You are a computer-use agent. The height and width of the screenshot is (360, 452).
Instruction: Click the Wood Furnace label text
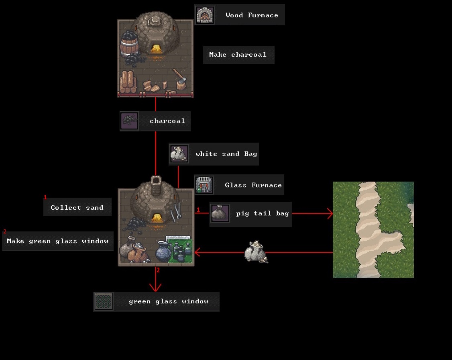[x=252, y=15]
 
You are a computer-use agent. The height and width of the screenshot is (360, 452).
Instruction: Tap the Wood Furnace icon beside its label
[x=205, y=15]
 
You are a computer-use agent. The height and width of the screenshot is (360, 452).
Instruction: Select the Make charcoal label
[x=238, y=55]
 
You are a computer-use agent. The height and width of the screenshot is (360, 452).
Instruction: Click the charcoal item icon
[x=129, y=121]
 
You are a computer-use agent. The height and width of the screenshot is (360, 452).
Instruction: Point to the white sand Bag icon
[x=179, y=153]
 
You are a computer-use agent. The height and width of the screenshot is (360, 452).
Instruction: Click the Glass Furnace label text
[x=253, y=185]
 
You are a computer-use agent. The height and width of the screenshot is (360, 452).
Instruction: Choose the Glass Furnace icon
[x=204, y=184]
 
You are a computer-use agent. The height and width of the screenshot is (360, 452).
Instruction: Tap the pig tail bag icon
[x=220, y=213]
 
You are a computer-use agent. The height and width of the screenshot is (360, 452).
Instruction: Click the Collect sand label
[x=77, y=207]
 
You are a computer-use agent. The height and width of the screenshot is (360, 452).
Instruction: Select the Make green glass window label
[x=58, y=241]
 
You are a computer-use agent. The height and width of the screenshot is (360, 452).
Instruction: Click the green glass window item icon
[x=104, y=301]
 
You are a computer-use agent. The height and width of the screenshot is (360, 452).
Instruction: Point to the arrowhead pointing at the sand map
[x=330, y=213]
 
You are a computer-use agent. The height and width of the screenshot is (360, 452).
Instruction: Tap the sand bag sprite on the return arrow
[x=256, y=252]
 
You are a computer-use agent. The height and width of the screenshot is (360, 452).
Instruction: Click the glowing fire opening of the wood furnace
[x=156, y=49]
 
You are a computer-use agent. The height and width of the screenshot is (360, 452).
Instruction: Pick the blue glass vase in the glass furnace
[x=163, y=251]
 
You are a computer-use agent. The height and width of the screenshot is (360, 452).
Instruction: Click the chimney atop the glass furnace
[x=156, y=185]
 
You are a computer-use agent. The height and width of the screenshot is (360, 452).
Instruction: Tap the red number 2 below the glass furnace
[x=158, y=270]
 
